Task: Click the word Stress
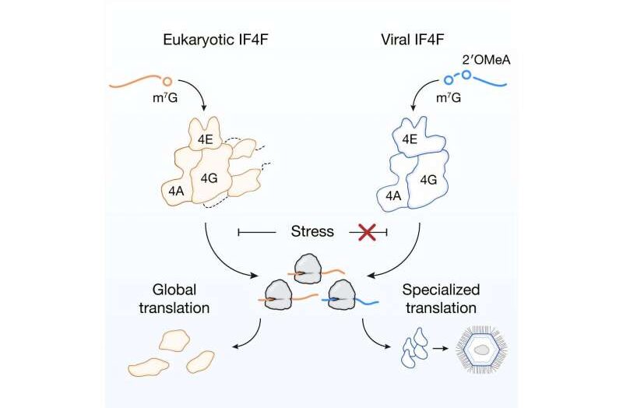click(x=311, y=231)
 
